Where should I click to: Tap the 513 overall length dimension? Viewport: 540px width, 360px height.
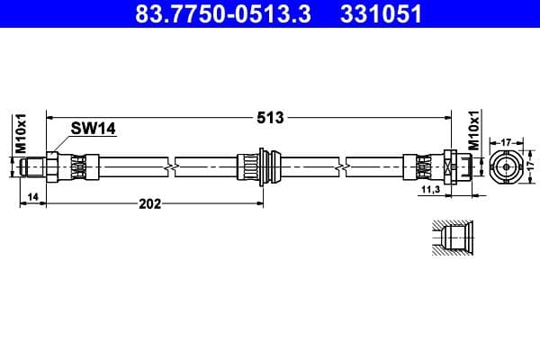[x=270, y=117]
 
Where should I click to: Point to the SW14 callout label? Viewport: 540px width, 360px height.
[x=94, y=130]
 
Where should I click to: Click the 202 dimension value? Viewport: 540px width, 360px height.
[x=149, y=203]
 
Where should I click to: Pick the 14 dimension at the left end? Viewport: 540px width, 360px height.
[x=32, y=196]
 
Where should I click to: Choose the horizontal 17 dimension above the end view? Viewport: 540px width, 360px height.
[x=506, y=141]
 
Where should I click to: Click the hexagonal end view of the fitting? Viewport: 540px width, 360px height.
[x=506, y=166]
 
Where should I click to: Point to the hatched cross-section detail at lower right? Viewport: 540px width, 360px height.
[x=449, y=238]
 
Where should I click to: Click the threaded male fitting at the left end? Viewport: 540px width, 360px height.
[x=36, y=166]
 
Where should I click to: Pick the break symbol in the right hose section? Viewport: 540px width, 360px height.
[x=342, y=166]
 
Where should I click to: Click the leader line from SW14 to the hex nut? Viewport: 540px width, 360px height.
[x=63, y=144]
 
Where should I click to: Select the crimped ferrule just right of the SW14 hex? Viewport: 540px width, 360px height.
[x=78, y=166]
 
